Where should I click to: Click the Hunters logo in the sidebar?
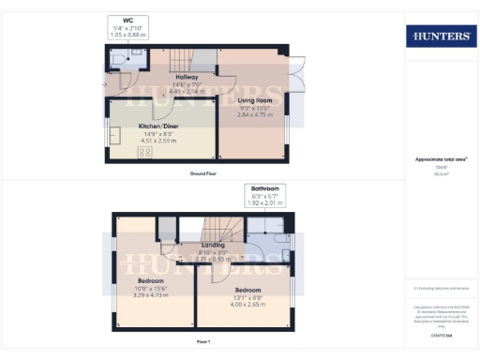click(440, 37)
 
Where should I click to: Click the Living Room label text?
click(254, 99)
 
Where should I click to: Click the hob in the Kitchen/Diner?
click(147, 152)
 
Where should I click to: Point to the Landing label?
click(213, 246)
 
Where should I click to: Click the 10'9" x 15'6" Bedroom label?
click(151, 281)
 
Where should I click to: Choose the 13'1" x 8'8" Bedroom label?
click(247, 290)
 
